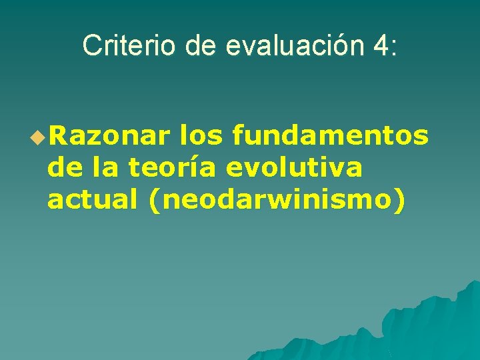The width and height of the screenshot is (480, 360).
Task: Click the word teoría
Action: click(173, 168)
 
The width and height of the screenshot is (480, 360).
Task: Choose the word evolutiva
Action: click(295, 168)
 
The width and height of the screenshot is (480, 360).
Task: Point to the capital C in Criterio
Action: click(90, 45)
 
